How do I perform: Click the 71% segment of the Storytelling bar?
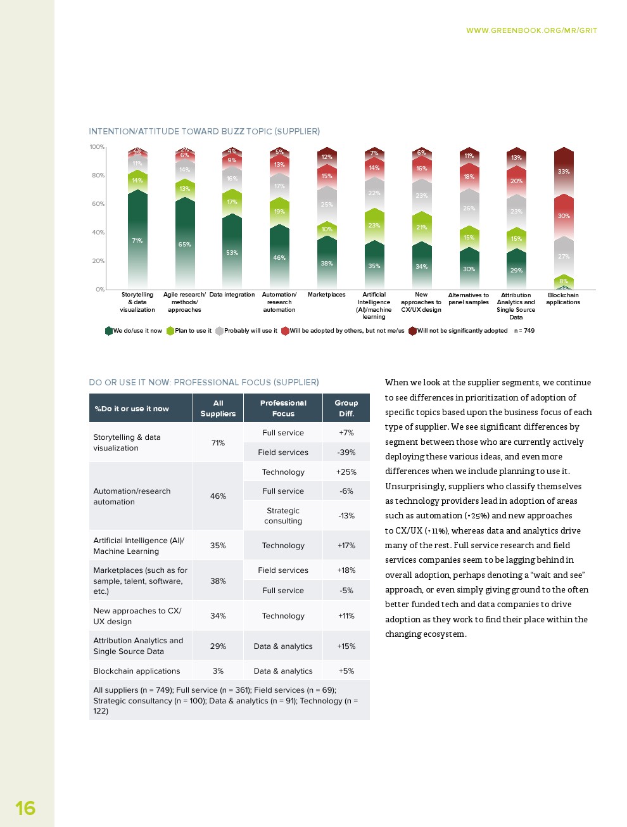137,240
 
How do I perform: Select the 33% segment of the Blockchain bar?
564,171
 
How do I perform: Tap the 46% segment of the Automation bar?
279,257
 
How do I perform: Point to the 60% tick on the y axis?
98,204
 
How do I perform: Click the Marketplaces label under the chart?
327,295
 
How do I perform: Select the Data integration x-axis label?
232,295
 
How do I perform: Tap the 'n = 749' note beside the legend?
524,331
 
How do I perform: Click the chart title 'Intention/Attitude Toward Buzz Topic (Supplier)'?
204,131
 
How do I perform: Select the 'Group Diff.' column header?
346,408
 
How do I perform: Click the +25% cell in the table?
346,472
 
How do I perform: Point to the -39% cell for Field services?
346,452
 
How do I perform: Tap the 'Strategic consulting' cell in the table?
283,516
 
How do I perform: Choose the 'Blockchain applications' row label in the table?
137,671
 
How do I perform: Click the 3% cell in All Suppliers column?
218,671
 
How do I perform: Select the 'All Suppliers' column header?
218,408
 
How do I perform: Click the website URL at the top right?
531,30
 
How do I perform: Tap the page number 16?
25,808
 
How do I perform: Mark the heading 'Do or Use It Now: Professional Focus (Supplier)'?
204,382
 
